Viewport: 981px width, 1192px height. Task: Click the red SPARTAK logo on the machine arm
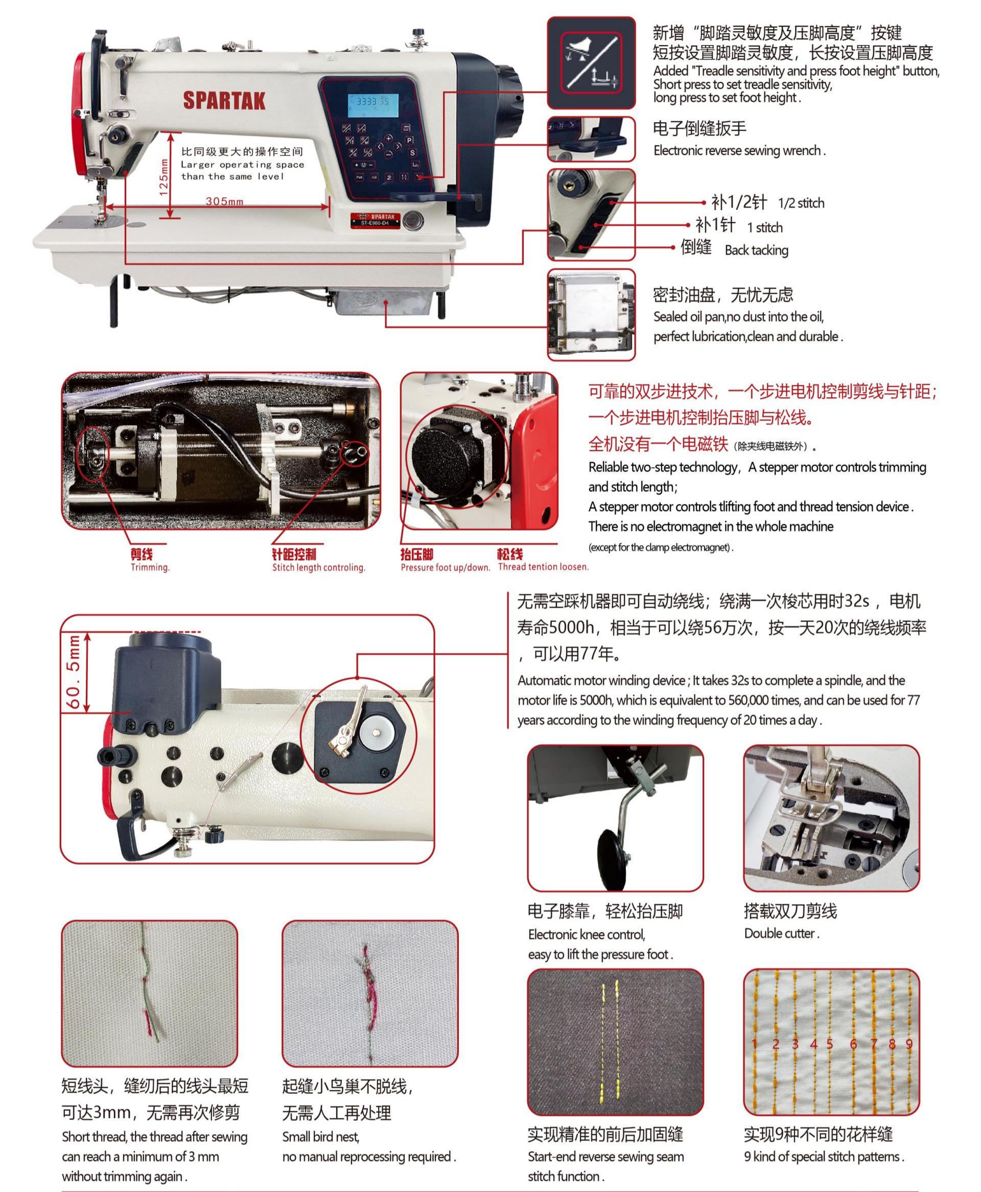224,100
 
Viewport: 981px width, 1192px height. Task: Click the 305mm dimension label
224,201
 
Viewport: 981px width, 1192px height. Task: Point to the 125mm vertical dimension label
163,177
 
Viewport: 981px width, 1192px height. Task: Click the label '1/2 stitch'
801,203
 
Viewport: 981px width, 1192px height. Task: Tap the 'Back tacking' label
756,250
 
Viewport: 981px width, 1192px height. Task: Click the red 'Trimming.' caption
150,567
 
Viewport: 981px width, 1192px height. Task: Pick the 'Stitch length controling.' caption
319,567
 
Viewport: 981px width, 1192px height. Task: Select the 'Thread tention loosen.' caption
543,567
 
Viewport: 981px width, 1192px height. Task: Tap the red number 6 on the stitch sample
853,1044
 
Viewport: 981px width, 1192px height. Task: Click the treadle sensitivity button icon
591,63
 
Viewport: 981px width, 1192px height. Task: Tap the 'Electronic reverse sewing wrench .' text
739,151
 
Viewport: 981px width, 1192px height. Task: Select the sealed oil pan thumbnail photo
591,315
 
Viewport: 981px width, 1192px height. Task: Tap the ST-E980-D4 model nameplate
375,220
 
